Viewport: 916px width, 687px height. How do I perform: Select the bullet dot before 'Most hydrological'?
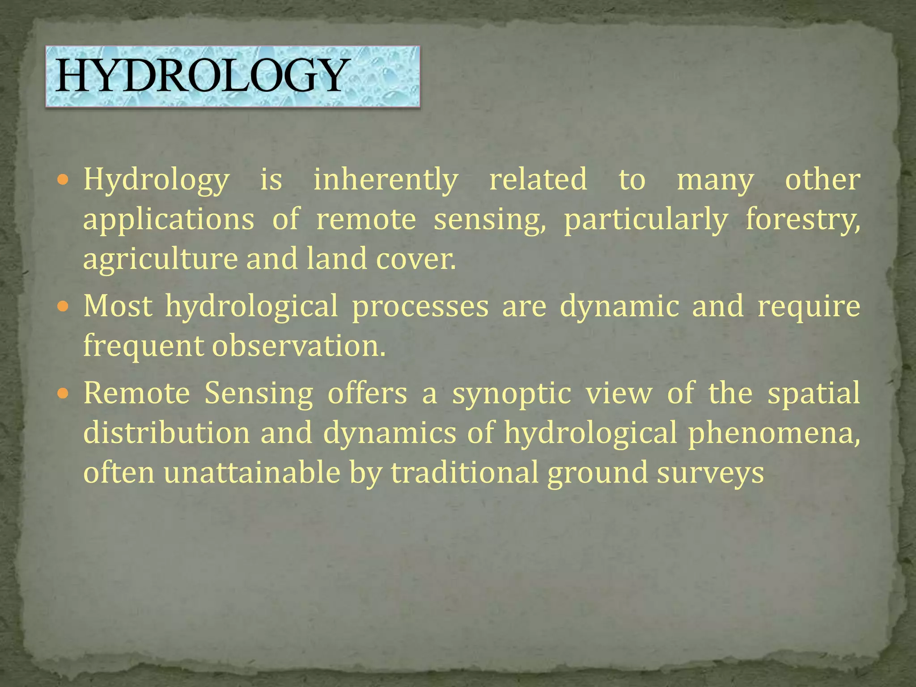click(x=63, y=307)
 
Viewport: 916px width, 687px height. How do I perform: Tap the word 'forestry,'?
click(x=802, y=220)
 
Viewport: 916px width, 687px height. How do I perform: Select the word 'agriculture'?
click(x=160, y=259)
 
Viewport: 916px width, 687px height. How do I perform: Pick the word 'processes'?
click(x=420, y=307)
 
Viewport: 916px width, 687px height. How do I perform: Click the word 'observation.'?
click(x=298, y=346)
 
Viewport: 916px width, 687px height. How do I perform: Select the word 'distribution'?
click(x=166, y=433)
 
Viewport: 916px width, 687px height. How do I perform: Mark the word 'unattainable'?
click(x=252, y=473)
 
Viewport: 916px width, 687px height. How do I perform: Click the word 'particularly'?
click(x=645, y=220)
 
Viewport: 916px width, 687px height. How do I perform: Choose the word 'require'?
click(x=809, y=307)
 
